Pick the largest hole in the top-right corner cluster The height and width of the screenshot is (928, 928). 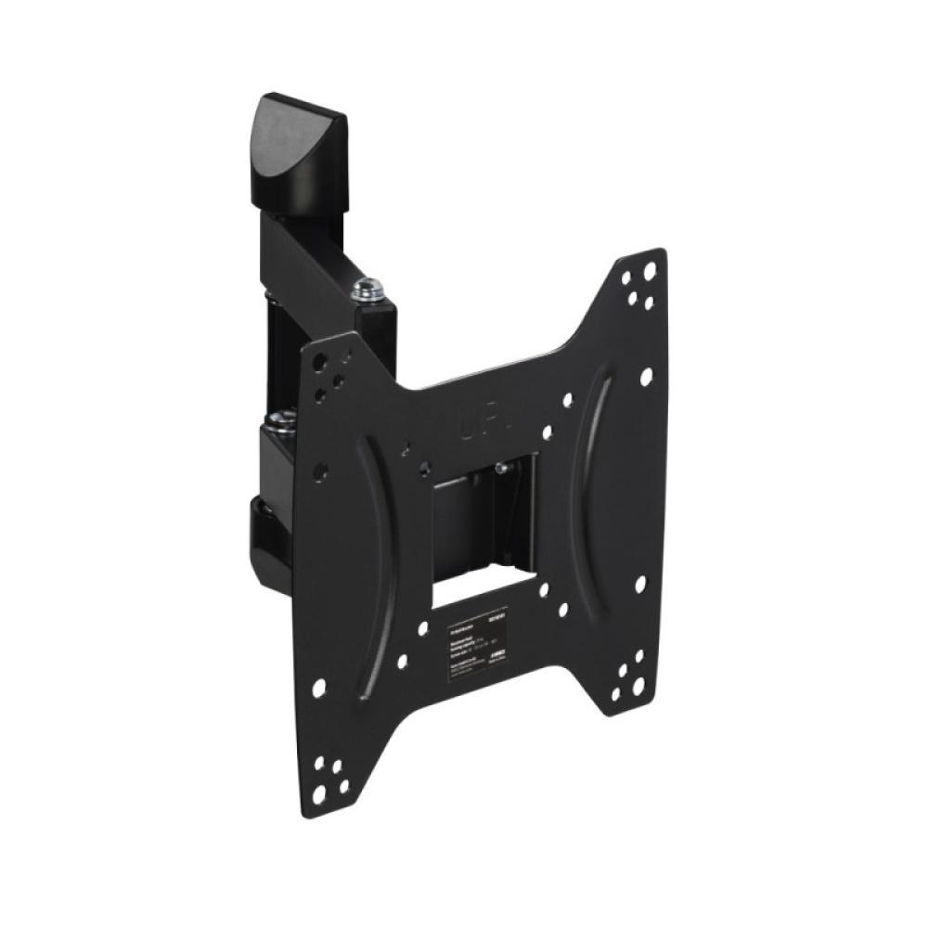click(650, 270)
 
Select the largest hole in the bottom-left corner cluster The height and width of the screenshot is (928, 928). click(319, 794)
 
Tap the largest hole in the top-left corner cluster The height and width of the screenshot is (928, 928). click(318, 357)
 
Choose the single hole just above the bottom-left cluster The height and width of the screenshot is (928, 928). click(318, 690)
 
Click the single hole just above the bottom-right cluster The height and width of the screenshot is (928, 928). click(640, 585)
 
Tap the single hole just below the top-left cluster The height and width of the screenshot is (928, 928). click(319, 471)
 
